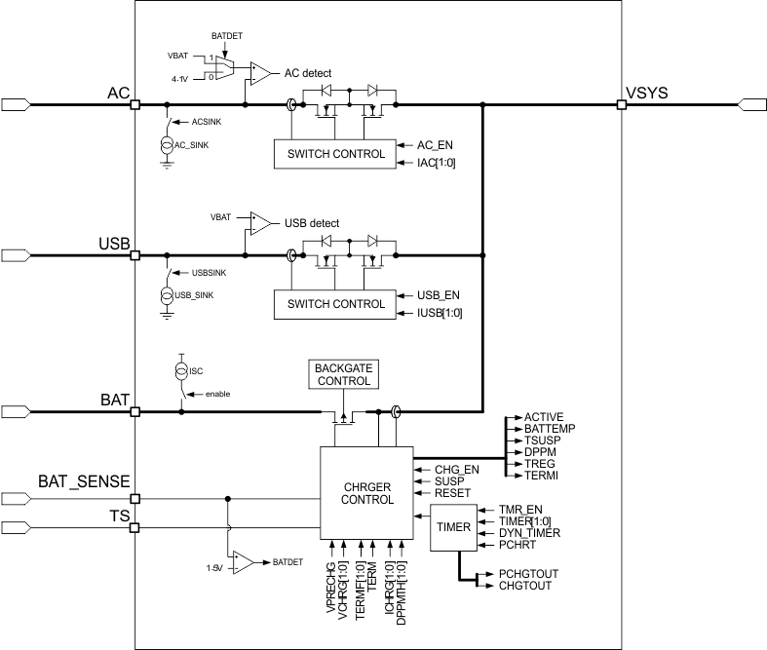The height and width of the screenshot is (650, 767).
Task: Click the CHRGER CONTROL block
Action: pyautogui.click(x=366, y=491)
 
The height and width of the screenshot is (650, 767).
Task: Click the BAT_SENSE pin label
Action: pyautogui.click(x=84, y=481)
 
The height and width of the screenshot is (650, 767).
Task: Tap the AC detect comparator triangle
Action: pyautogui.click(x=261, y=72)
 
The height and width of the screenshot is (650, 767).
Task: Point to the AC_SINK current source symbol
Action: pyautogui.click(x=167, y=144)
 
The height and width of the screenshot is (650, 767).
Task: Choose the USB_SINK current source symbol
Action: pyautogui.click(x=167, y=294)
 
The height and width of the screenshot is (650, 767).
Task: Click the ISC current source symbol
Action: pyautogui.click(x=180, y=370)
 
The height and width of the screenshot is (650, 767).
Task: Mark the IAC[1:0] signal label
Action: pyautogui.click(x=437, y=162)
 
